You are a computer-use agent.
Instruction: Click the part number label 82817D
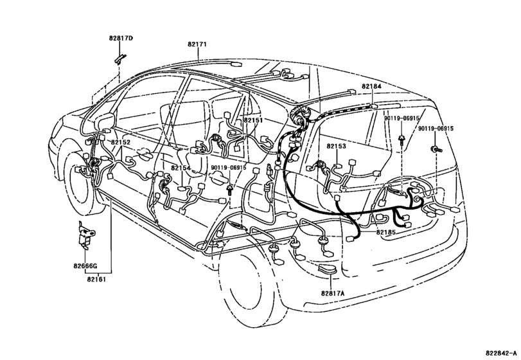121,39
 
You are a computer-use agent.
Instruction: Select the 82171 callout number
197,44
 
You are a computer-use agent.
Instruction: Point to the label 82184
371,86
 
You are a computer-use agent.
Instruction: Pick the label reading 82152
120,143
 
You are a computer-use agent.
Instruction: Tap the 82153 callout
336,147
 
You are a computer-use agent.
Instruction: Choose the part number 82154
181,168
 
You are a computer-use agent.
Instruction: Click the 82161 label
98,279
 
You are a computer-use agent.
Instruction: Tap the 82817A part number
333,293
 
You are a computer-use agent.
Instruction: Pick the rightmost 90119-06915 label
436,129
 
